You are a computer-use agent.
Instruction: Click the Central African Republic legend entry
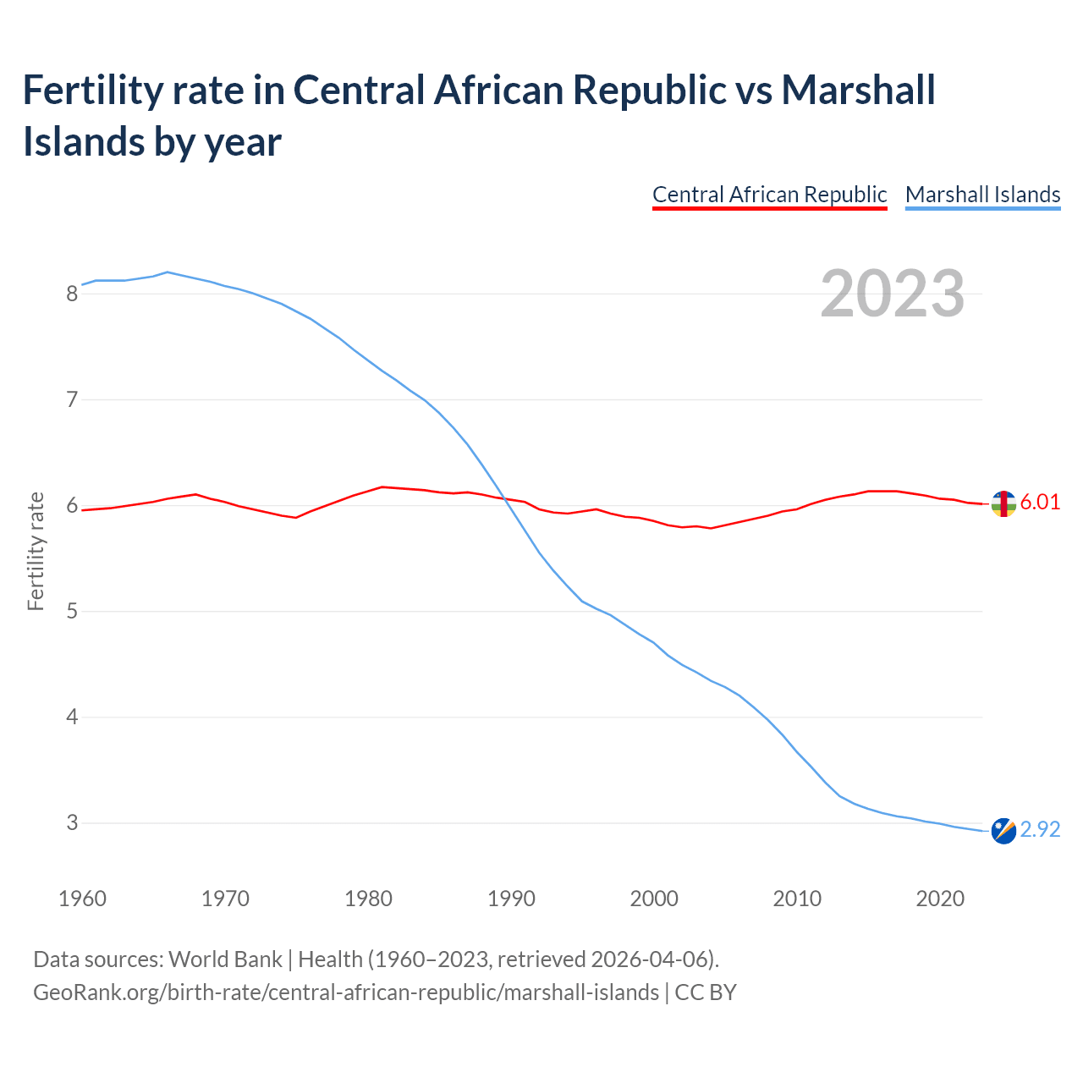[x=769, y=195]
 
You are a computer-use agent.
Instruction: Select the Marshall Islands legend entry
[x=982, y=195]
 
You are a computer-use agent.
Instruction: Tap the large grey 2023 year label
[x=892, y=294]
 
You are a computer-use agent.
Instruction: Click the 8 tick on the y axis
[x=72, y=294]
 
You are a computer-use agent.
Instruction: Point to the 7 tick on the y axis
[x=72, y=399]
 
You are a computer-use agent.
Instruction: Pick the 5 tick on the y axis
[x=72, y=611]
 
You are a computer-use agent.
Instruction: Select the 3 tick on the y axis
[x=72, y=822]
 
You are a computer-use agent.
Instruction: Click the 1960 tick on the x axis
[x=82, y=899]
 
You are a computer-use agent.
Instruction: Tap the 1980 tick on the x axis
[x=368, y=899]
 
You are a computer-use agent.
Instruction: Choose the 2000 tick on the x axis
[x=654, y=899]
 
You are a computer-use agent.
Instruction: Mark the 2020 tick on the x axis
[x=940, y=899]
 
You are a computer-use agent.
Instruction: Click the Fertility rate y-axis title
[x=36, y=551]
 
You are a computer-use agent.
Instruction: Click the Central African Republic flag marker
[x=1003, y=503]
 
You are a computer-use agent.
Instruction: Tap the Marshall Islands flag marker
[x=1003, y=831]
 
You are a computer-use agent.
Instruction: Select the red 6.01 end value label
[x=1040, y=502]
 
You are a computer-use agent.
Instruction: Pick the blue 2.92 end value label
[x=1040, y=829]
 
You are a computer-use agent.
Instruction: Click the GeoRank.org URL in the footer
[x=345, y=992]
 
